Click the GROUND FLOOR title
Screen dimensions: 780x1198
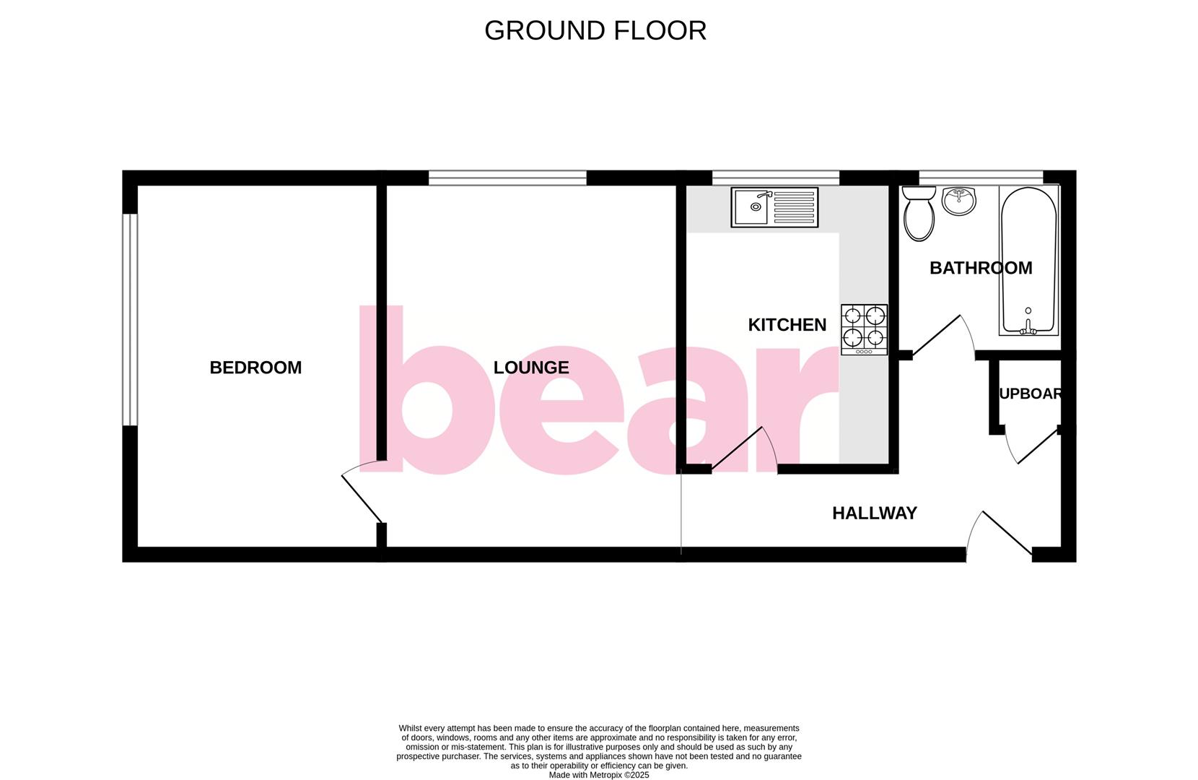595,30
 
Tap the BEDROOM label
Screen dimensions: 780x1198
255,368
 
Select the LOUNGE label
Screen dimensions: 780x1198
531,368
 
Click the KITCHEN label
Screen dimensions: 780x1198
787,325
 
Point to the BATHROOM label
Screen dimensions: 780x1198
980,268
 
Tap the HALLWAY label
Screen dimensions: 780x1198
874,513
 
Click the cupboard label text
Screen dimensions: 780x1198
1030,394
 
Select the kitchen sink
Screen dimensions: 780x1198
774,207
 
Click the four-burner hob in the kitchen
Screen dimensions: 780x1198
864,329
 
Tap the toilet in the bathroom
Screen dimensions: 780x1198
919,212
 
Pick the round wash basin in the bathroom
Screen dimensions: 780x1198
958,201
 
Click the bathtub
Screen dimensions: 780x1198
1028,260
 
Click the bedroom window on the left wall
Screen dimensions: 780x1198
129,319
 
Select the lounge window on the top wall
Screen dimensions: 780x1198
507,178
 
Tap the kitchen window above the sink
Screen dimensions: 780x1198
775,178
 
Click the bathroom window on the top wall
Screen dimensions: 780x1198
980,177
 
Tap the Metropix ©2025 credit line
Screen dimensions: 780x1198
598,775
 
